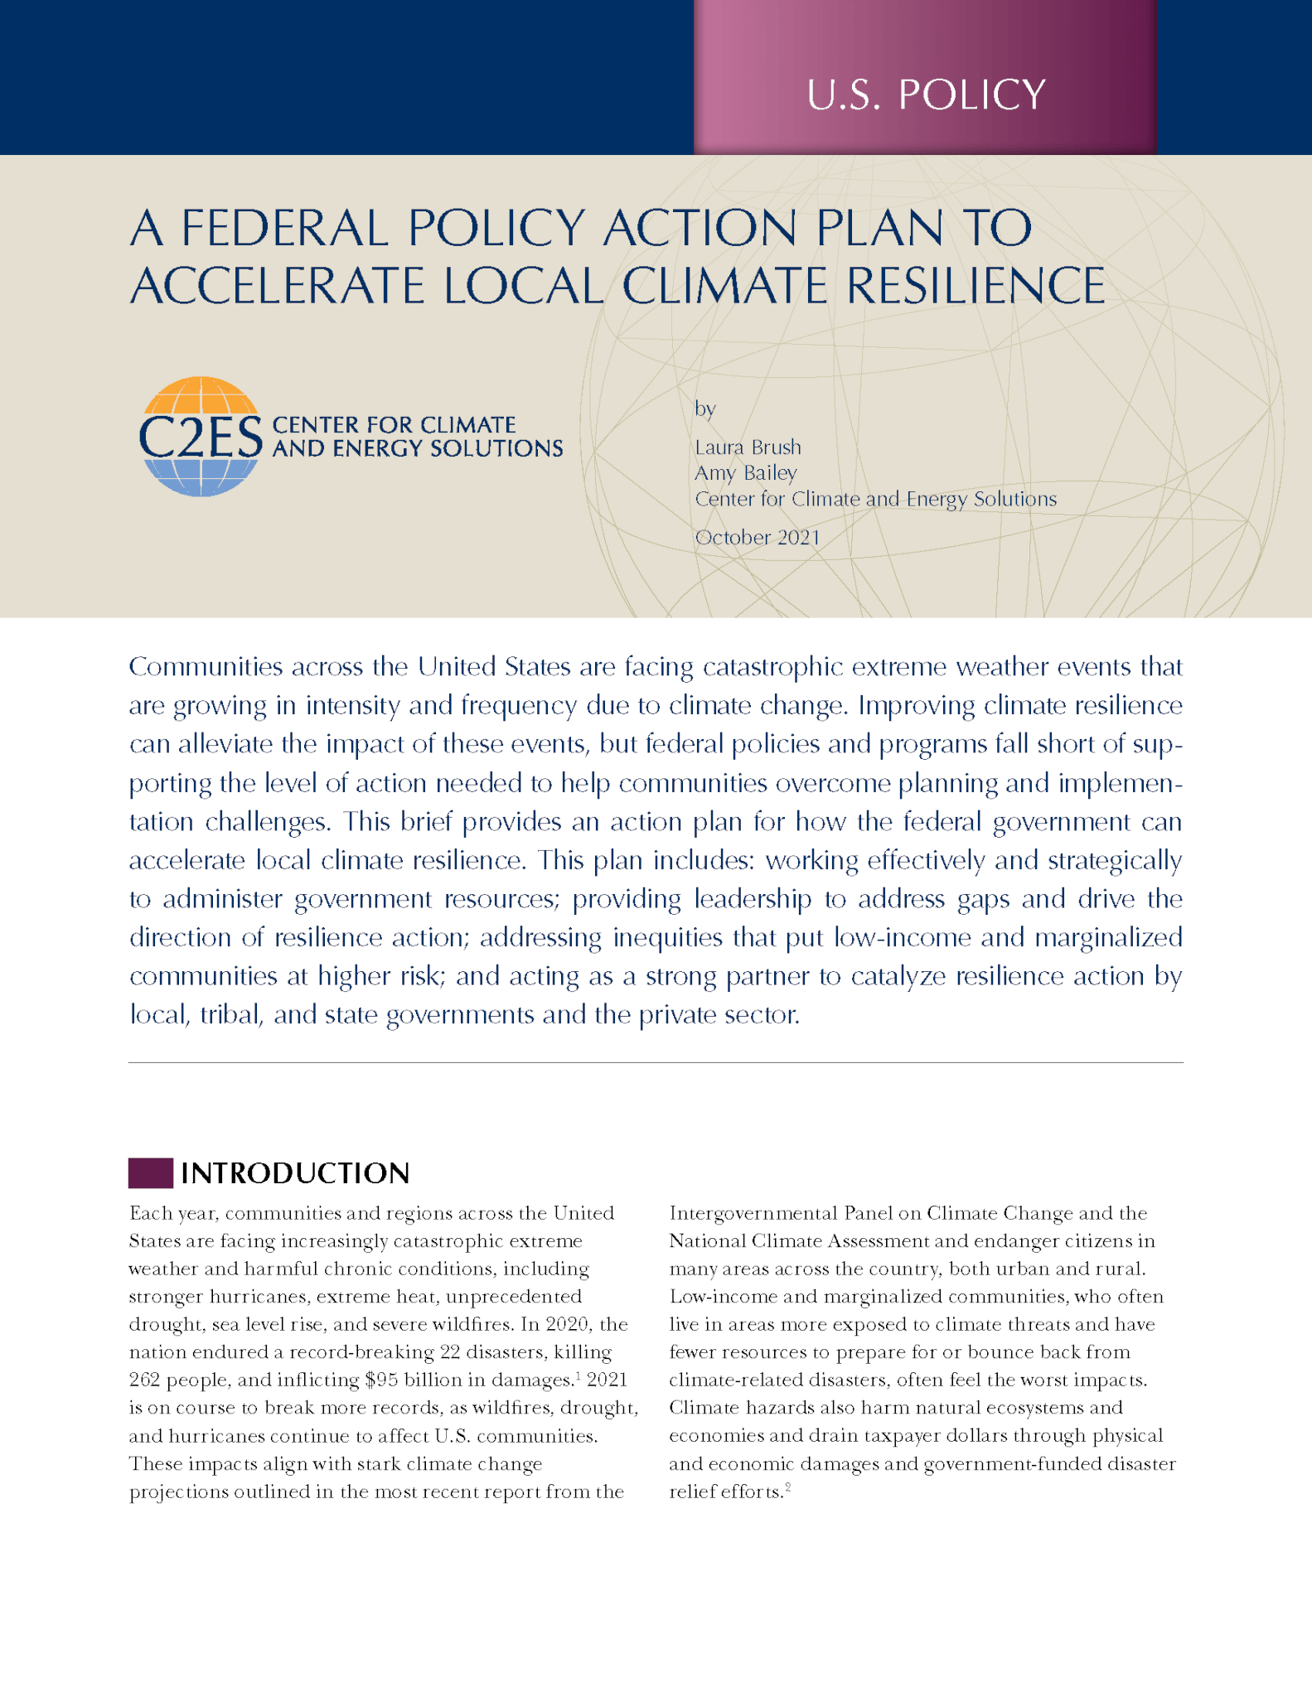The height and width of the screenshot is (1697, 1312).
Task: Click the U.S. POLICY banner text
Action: tap(926, 94)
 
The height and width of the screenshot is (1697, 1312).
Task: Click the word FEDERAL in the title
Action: tap(284, 228)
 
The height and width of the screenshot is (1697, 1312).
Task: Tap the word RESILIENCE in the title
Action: tap(976, 287)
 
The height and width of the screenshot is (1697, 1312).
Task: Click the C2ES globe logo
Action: tap(201, 437)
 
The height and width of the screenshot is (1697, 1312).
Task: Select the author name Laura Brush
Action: tap(748, 447)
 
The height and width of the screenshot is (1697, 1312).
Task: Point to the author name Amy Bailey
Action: tap(745, 473)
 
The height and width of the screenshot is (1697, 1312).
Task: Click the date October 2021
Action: tap(757, 538)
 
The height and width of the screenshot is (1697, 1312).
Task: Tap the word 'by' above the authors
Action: tap(704, 409)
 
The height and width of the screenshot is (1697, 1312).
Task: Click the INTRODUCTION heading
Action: tap(295, 1173)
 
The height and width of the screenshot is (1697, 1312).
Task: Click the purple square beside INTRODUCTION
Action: tap(150, 1173)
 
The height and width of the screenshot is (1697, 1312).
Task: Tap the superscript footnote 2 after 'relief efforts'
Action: tap(787, 1488)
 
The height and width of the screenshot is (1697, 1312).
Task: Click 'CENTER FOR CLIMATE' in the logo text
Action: tap(394, 425)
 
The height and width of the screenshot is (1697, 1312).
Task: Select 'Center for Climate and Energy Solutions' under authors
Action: tap(875, 499)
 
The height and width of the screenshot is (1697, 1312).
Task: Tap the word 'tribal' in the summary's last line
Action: tap(231, 1015)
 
